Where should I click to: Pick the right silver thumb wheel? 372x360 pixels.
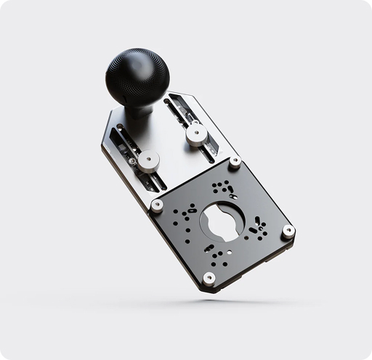coord(195,134)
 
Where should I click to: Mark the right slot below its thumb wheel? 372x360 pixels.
coord(209,151)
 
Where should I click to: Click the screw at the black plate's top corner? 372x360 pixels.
coord(235,161)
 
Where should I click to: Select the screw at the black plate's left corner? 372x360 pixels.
coord(157,205)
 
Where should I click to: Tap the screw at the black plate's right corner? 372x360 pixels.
coord(288,232)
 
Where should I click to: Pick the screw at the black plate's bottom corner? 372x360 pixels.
coord(209,277)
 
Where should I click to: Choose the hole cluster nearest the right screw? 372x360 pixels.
coord(257,229)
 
